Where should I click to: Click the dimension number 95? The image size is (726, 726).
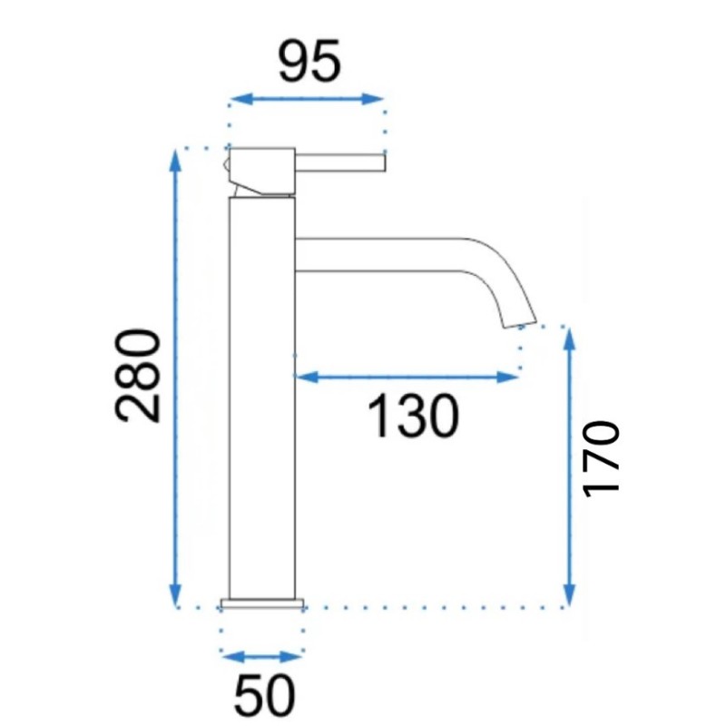[309, 62]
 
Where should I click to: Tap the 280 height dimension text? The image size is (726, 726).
[138, 376]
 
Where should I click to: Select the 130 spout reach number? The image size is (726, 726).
[413, 416]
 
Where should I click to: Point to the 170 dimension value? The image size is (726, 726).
[602, 459]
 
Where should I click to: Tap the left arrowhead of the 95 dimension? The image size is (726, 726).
[242, 99]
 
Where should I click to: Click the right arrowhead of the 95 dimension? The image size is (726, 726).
[373, 99]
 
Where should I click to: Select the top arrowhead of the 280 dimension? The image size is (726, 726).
[175, 161]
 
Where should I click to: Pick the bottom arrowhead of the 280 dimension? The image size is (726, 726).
[175, 595]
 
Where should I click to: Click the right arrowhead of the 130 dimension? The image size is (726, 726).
[507, 377]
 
